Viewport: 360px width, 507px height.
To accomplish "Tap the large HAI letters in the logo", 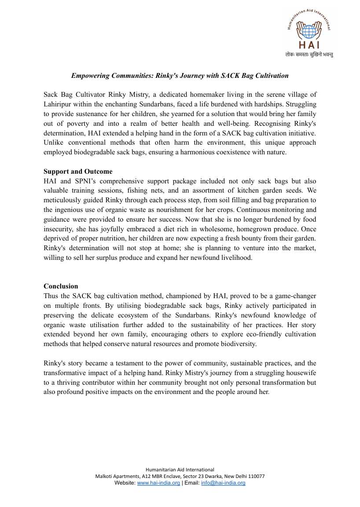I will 309,45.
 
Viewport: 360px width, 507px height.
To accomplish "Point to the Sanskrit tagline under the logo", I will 309,55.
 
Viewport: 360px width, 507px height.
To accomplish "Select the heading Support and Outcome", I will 78,171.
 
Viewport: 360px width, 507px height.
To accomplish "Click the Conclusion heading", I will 61,286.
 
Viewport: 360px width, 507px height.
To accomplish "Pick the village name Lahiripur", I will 60,105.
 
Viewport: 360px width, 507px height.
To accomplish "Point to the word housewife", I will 300,373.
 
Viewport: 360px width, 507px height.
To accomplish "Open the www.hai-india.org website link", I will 158,483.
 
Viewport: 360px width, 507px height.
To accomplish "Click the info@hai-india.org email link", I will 223,483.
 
